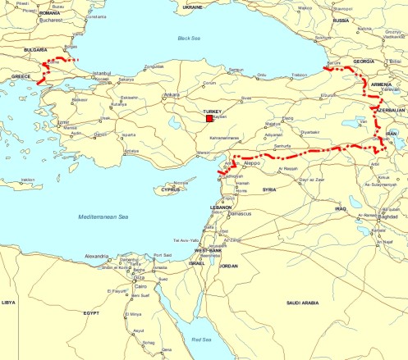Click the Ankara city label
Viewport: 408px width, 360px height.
(x=170, y=94)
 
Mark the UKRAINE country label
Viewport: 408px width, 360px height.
(x=192, y=6)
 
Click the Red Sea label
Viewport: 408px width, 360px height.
(x=201, y=337)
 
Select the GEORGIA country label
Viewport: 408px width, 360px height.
(x=363, y=61)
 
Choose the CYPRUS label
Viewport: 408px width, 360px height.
(x=170, y=189)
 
